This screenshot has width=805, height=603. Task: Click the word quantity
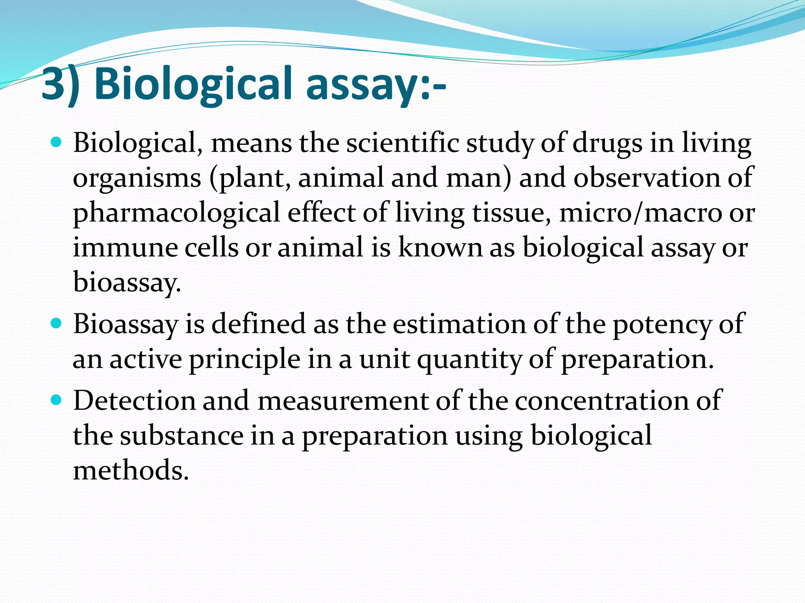coord(469,360)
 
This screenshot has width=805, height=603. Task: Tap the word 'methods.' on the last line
coord(131,470)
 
